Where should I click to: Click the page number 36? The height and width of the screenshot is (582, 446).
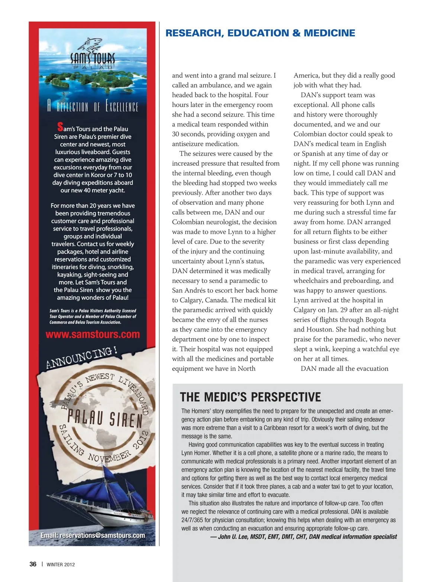(x=33, y=564)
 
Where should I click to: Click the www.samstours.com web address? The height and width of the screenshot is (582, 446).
(x=93, y=334)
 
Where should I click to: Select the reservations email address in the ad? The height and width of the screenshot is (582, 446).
(x=93, y=535)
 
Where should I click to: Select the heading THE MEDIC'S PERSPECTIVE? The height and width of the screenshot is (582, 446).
(x=250, y=397)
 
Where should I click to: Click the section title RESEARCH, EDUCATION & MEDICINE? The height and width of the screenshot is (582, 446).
(x=260, y=33)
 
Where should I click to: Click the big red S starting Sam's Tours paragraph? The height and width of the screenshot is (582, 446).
(x=60, y=127)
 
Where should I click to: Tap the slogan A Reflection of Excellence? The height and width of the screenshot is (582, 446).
(x=93, y=106)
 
